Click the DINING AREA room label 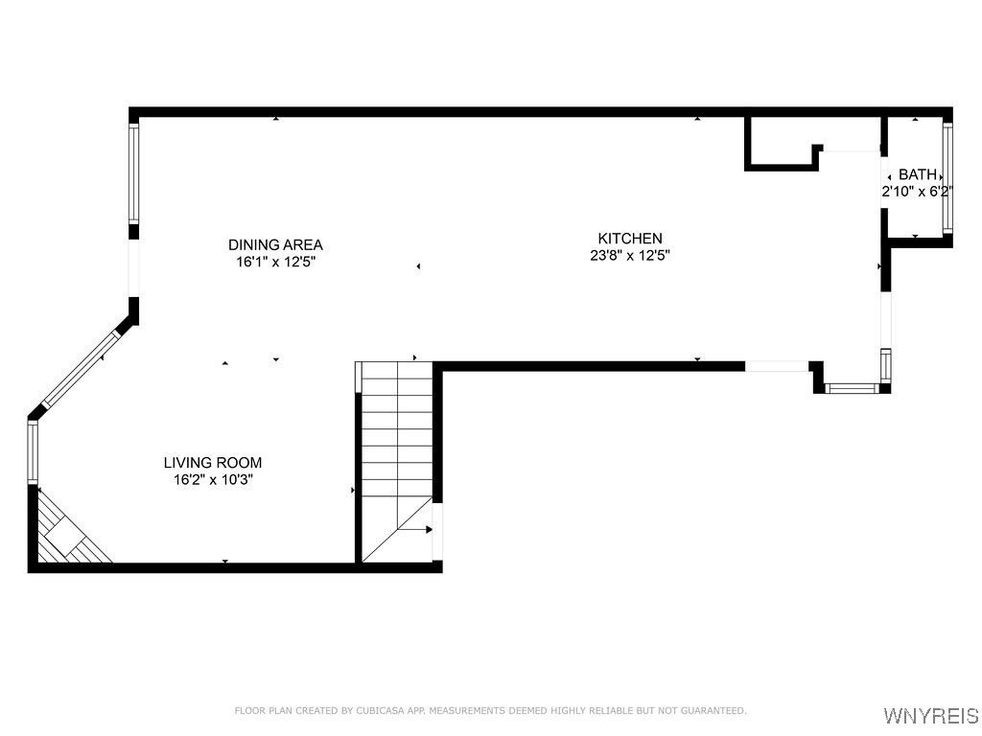275,244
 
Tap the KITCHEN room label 630,239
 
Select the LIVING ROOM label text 212,462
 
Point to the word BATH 917,174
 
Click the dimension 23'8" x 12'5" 630,255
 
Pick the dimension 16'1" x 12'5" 275,261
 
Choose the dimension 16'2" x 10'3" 212,478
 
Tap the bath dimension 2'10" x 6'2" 917,191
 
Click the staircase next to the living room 396,441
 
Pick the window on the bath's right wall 947,177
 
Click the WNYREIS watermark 930,716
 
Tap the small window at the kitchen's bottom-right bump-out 852,388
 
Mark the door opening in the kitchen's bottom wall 777,366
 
